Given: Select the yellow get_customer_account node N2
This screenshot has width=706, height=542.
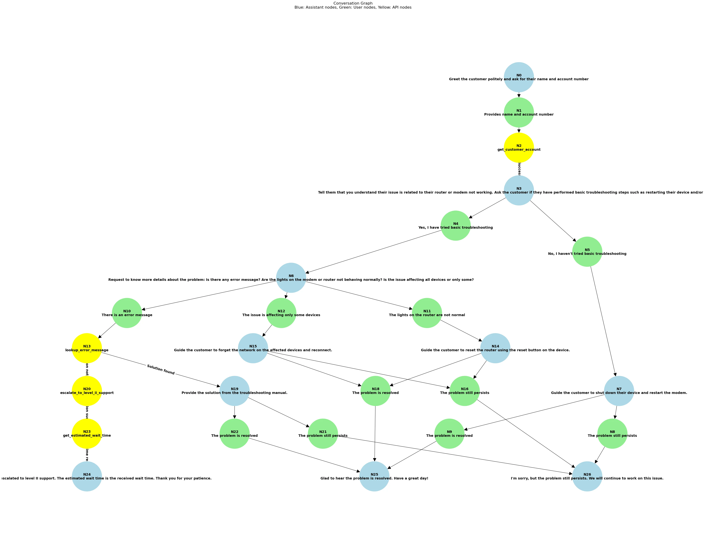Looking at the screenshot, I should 519,147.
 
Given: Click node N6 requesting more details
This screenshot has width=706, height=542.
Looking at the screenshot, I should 291,277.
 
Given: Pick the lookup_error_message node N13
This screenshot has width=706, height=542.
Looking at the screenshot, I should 87,348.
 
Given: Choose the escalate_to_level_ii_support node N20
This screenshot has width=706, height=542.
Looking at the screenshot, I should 87,391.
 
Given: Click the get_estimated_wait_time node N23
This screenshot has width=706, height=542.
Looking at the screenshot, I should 87,433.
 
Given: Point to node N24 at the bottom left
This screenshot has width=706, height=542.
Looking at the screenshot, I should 87,476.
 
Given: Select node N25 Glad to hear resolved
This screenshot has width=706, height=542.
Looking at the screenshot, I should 374,476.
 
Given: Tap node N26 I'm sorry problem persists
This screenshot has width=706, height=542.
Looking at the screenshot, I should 587,476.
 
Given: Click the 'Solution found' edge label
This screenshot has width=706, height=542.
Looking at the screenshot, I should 161,369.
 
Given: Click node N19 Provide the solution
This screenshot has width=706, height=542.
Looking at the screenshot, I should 234,391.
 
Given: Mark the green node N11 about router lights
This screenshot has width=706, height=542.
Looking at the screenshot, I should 427,313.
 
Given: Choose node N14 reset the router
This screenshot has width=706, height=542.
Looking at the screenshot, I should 495,348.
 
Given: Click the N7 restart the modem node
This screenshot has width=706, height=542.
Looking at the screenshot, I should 619,391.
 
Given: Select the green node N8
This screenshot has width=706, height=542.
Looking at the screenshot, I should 612,433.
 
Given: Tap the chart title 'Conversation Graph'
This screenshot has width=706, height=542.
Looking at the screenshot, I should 353,3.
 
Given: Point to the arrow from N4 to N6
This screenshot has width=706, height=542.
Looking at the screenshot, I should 371,252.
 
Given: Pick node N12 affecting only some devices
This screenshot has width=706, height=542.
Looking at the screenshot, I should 281,313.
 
